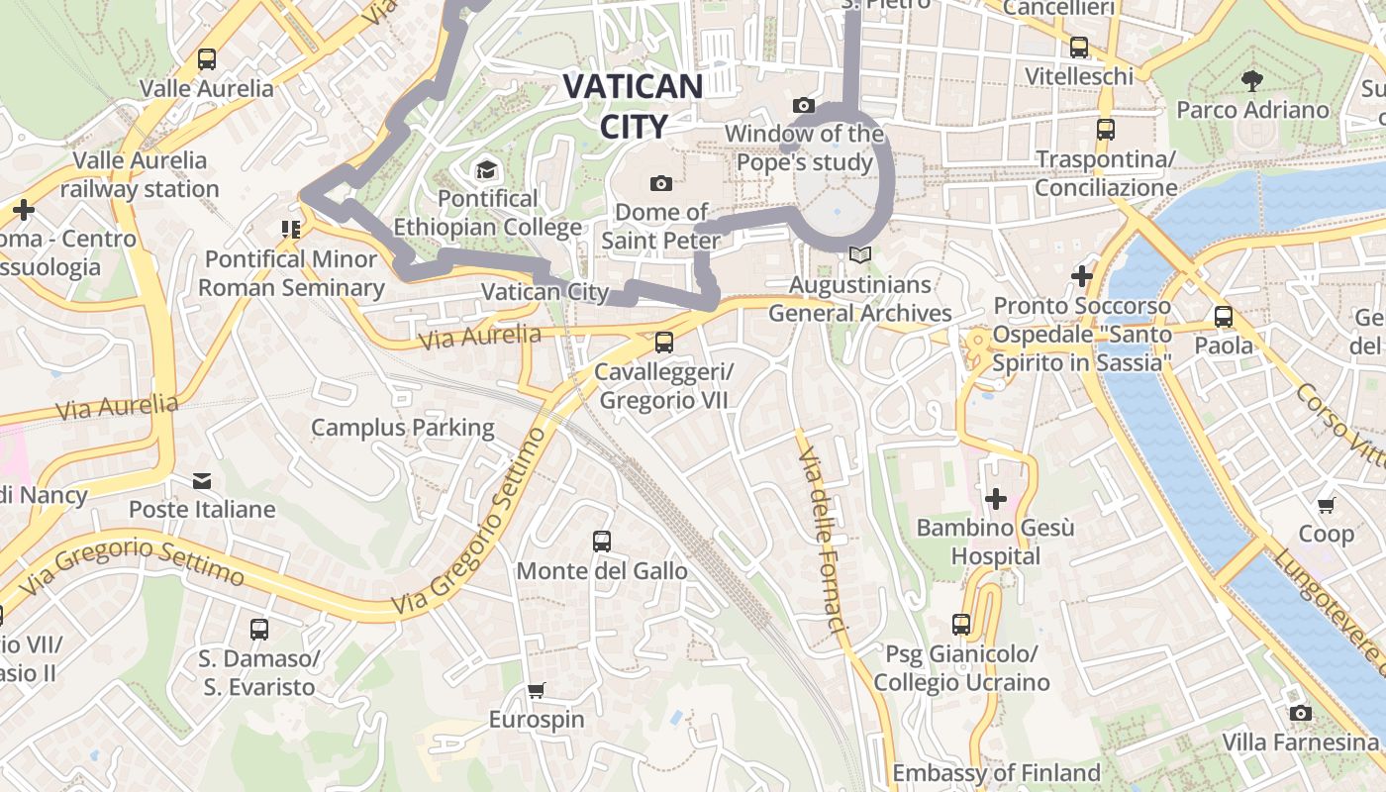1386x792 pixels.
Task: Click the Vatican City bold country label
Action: [634, 105]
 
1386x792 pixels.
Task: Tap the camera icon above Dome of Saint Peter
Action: [661, 183]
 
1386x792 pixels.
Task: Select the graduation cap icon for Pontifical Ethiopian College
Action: [485, 170]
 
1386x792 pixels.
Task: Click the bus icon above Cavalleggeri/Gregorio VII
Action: [664, 343]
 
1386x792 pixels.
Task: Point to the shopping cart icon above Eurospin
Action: [537, 690]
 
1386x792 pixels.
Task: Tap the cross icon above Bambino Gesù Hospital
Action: [996, 499]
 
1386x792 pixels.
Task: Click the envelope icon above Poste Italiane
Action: [202, 481]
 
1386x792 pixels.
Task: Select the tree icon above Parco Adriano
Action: [1252, 80]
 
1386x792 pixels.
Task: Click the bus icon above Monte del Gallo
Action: [602, 542]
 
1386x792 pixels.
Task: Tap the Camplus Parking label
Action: [402, 428]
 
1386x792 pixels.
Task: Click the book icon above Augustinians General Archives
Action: [860, 255]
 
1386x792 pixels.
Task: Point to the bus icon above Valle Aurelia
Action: [206, 59]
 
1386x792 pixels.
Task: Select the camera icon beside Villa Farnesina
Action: [1301, 713]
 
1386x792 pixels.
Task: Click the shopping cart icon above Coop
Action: [1327, 505]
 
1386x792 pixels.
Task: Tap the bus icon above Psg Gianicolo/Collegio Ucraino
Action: [961, 625]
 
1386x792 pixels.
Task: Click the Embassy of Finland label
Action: [996, 772]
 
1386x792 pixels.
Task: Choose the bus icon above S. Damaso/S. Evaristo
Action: [258, 630]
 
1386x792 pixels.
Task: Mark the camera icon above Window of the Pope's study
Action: [804, 105]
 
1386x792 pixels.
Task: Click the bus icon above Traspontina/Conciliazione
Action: [1106, 130]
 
